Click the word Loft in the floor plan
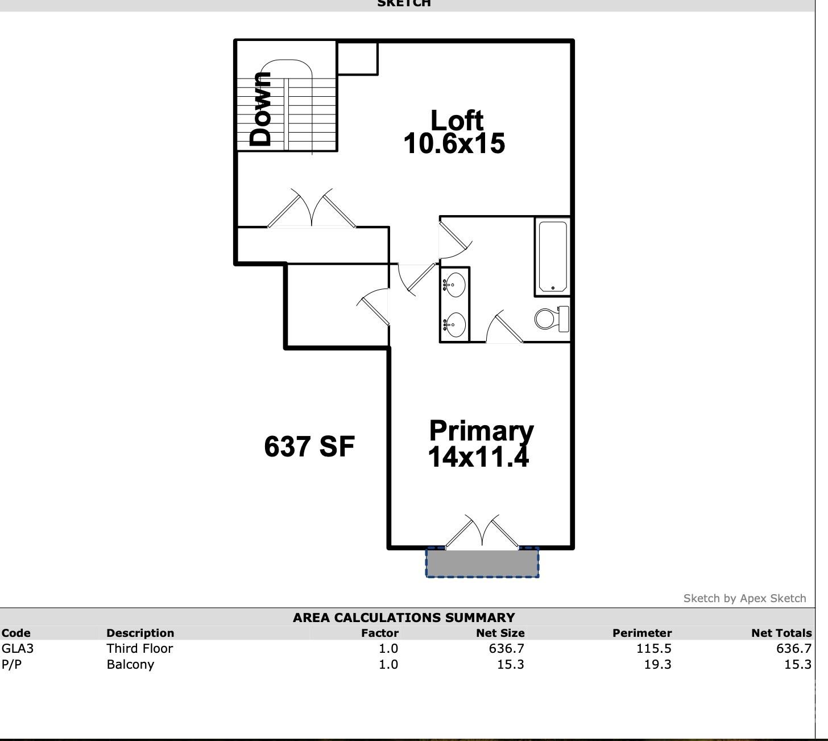[457, 121]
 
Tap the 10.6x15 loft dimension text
[454, 143]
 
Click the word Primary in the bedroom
[481, 431]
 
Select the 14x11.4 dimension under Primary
[478, 456]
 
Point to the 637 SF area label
[309, 446]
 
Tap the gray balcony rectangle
[482, 562]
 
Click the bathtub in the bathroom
[552, 257]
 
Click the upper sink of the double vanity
[455, 283]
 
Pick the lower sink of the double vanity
[455, 325]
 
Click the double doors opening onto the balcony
[482, 532]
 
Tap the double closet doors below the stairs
[312, 209]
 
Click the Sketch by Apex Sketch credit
[744, 598]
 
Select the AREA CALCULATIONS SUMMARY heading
[404, 617]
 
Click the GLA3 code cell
[18, 648]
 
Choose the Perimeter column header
[642, 633]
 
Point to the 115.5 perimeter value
[654, 648]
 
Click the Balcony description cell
[130, 664]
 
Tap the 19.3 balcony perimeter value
[657, 664]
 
